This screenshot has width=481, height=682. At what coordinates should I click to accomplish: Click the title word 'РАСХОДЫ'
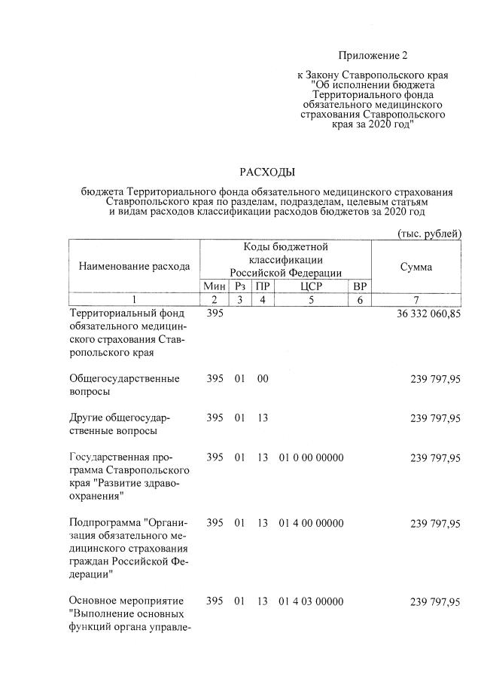click(267, 173)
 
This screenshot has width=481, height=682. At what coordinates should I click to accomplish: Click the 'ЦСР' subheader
click(310, 286)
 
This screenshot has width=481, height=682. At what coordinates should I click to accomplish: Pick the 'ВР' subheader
click(359, 286)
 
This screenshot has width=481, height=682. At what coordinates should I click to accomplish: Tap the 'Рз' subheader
click(240, 286)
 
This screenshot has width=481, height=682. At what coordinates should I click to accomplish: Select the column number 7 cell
click(416, 300)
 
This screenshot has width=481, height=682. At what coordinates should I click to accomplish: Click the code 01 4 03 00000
click(310, 601)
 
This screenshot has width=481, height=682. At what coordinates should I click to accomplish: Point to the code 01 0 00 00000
click(310, 457)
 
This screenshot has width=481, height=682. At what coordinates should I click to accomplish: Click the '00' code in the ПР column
click(262, 379)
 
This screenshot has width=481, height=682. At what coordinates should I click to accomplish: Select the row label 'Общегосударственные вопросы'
click(123, 385)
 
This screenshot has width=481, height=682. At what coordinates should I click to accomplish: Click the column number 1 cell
click(134, 300)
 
